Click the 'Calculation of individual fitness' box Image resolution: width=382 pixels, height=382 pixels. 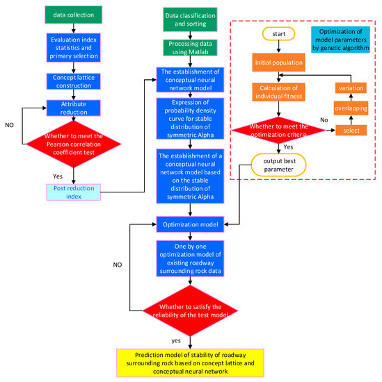coord(278,91)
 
